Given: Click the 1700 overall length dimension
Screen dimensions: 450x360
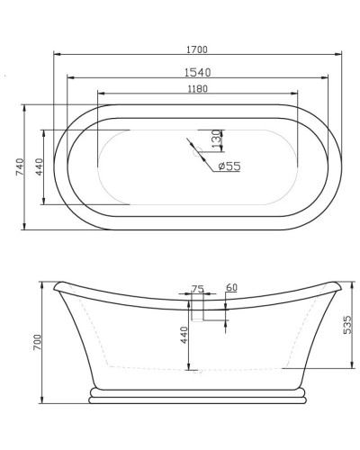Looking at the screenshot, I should coord(198,47).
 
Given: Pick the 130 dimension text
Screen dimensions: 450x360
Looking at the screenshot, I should coord(216,139).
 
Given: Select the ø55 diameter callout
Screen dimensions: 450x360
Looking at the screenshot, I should coord(229,166).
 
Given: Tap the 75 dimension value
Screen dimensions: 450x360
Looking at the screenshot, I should coord(198,289).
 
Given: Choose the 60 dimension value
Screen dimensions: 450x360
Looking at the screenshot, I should coord(231,288).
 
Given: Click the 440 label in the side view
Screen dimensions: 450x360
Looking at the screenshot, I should coord(184,337).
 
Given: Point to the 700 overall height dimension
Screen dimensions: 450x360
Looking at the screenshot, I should coord(37,342).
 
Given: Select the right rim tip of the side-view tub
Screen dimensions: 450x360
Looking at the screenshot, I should coord(340,286).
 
